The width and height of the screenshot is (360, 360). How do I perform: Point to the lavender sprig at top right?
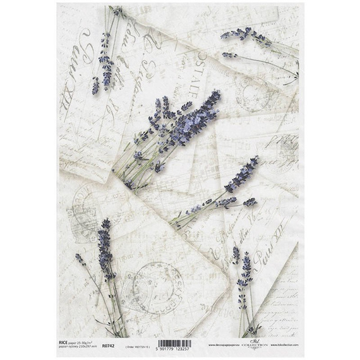pos(248,39)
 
